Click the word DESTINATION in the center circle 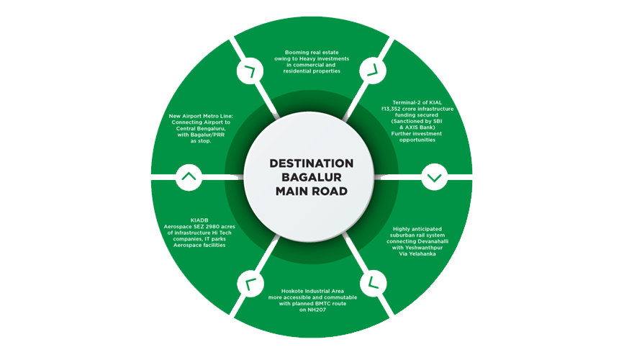pos(312,163)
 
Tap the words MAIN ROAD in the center pos(312,192)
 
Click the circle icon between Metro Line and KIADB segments pos(188,176)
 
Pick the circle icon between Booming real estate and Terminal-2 pos(373,70)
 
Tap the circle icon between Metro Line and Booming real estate pos(250,70)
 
